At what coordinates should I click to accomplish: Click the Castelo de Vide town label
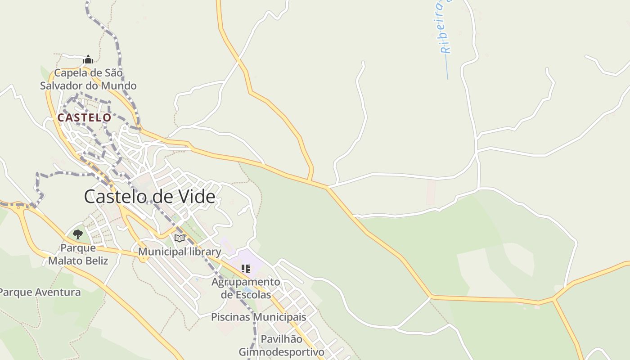pos(149,197)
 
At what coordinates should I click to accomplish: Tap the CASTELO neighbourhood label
pos(84,117)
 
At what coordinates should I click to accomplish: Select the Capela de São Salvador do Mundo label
pos(88,79)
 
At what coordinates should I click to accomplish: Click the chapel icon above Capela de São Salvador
pos(88,59)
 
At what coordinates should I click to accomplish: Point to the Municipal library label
pos(180,252)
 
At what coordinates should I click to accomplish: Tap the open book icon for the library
pos(180,238)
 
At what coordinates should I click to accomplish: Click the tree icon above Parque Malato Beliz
pos(78,234)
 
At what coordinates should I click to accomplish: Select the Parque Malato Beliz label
pos(78,254)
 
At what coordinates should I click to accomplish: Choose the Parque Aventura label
pos(40,292)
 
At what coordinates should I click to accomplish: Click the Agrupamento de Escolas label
pos(246,288)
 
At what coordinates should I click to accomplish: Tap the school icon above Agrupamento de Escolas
pos(246,269)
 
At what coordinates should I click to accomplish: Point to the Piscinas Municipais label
pos(259,317)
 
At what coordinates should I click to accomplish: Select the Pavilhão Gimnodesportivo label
pos(281,345)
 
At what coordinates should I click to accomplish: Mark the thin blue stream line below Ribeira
pos(447,67)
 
